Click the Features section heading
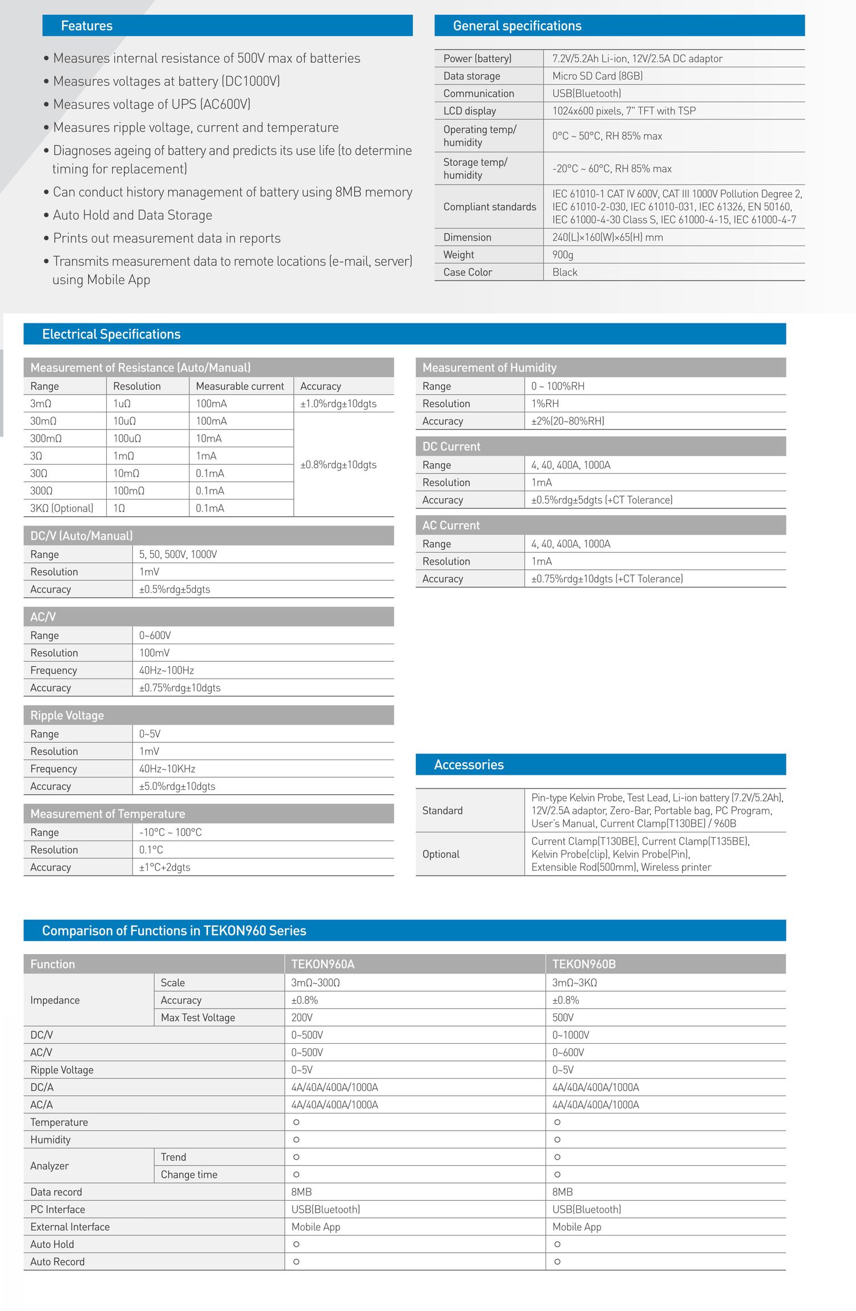point(87,26)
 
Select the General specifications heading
point(517,26)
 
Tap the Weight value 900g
point(563,255)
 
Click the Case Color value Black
point(565,272)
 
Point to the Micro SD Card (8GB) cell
point(597,76)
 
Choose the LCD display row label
point(470,111)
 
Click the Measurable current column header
point(240,387)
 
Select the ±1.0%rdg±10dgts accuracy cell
point(338,404)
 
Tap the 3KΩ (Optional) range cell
point(62,508)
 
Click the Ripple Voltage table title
point(67,715)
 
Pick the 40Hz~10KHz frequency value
point(167,769)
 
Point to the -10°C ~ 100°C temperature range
point(170,833)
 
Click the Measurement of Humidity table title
point(489,368)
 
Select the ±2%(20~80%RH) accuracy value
point(568,421)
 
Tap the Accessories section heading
point(469,765)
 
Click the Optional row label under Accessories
point(441,854)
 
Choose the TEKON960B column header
point(584,964)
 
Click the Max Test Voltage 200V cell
point(302,1018)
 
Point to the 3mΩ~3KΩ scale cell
point(575,983)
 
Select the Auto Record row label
point(57,1262)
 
